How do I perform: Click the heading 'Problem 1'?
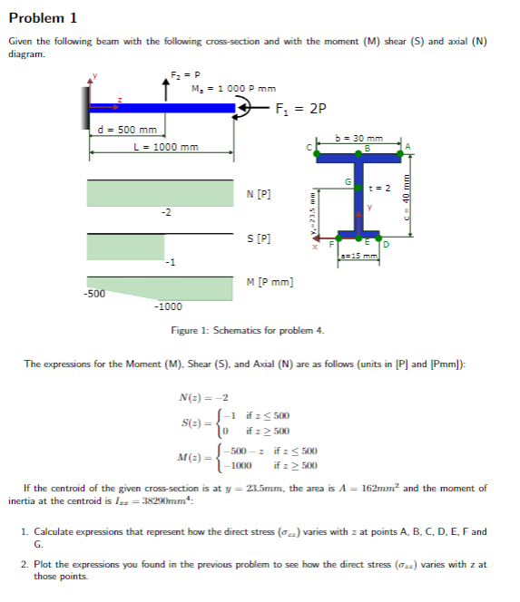click(43, 17)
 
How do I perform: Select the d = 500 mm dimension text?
click(128, 131)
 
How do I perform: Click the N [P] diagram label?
click(259, 194)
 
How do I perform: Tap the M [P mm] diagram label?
click(270, 283)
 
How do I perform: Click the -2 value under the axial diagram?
click(165, 212)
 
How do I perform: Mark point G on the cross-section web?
click(348, 183)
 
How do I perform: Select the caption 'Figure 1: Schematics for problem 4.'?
click(247, 330)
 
